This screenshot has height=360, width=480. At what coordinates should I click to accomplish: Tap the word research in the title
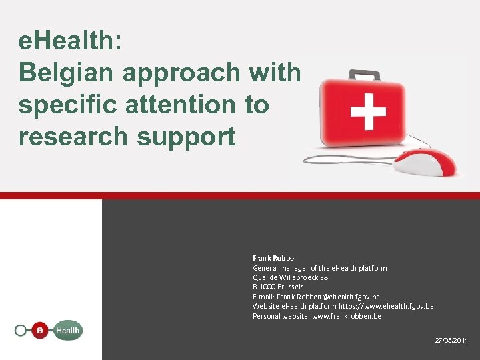(x=73, y=136)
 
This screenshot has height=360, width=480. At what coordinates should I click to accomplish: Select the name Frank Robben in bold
(x=275, y=258)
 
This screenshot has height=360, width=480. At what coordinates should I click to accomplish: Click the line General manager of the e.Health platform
(x=319, y=268)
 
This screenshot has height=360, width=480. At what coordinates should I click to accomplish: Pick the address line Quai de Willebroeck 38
(x=290, y=277)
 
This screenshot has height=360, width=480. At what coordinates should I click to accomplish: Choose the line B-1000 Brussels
(x=278, y=287)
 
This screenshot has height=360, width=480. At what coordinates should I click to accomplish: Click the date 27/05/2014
(x=451, y=340)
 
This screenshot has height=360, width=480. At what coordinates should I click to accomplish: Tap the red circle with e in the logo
(x=41, y=329)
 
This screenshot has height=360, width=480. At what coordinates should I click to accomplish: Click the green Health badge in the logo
(x=67, y=330)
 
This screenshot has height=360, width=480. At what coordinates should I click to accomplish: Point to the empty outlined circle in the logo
(x=21, y=330)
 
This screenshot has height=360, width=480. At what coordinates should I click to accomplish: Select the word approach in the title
(x=231, y=73)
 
